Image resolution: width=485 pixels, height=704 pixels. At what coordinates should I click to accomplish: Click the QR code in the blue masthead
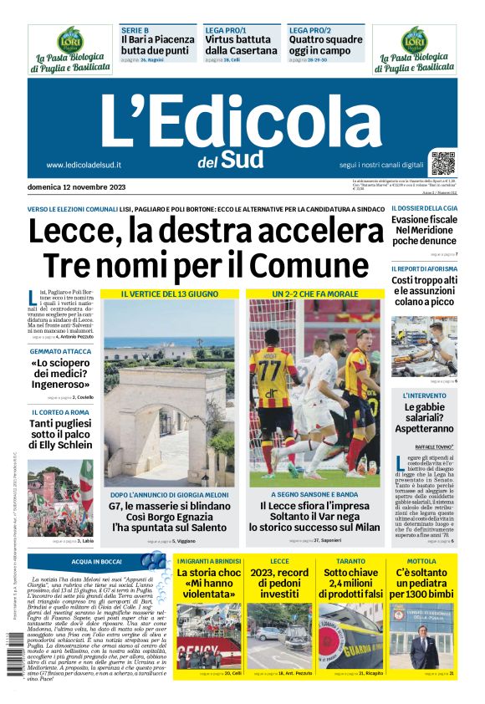[x=443, y=164]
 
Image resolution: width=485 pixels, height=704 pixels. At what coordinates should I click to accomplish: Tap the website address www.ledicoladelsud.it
[x=84, y=166]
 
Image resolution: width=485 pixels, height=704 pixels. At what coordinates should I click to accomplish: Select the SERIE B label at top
[x=135, y=30]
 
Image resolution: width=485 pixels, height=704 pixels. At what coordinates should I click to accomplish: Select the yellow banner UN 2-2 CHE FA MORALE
[x=314, y=294]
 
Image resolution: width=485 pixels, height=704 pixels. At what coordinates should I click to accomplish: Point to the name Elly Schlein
[x=64, y=446]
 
